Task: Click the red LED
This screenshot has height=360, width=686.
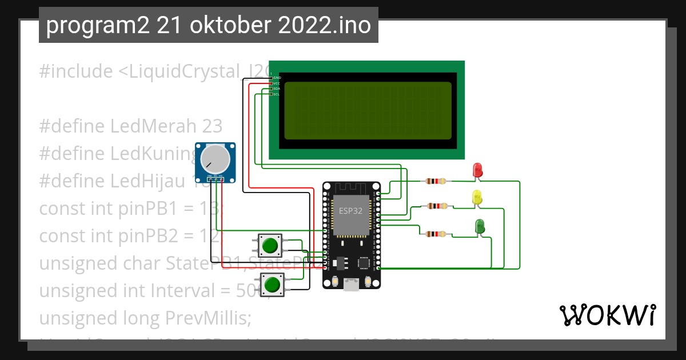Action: pos(478,170)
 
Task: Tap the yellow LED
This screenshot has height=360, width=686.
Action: pos(477,198)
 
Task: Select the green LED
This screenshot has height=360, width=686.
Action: pos(480,226)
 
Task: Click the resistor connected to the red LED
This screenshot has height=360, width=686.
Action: pos(436,182)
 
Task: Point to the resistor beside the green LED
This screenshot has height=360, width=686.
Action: pos(436,234)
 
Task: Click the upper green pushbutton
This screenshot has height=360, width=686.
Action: pos(270,246)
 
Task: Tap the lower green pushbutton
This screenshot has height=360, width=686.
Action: pos(273,284)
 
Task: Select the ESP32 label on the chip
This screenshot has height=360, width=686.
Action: pos(350,210)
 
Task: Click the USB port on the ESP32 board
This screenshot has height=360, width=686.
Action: pos(351,284)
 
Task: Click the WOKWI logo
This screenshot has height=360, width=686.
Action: pos(607,315)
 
